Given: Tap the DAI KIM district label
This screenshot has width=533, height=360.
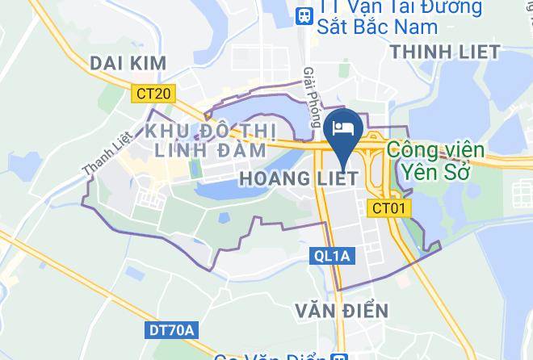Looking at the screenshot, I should click(128, 63).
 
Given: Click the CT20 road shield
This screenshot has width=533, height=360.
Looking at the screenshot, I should click(153, 94).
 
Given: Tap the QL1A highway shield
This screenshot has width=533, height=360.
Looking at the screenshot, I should click(331, 256).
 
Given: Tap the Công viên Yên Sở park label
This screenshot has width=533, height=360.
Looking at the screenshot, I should click(435, 160).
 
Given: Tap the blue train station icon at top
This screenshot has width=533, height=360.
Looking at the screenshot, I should click(304, 14).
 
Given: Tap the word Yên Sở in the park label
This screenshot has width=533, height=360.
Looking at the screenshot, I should click(435, 170).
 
